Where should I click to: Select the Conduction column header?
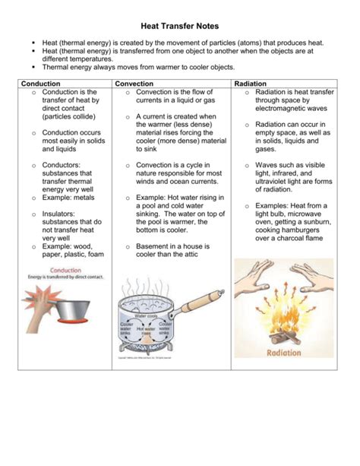[41, 83]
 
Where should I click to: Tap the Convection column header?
[135, 83]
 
